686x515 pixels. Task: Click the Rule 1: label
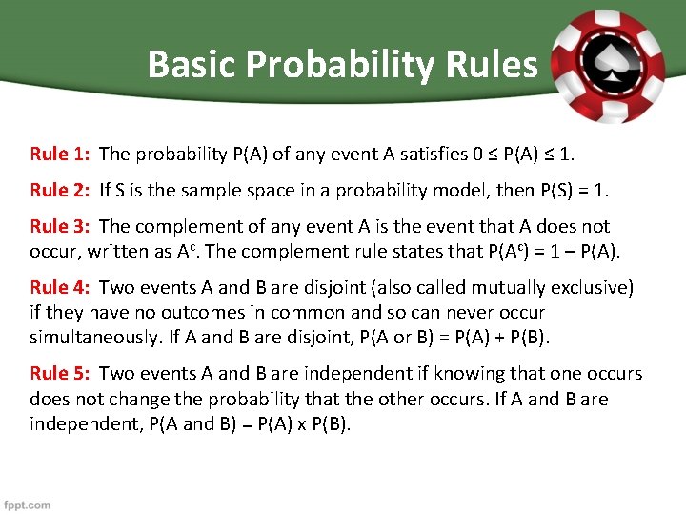pyautogui.click(x=61, y=154)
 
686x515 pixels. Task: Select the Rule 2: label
pyautogui.click(x=61, y=190)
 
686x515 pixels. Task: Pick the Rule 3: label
pyautogui.click(x=61, y=227)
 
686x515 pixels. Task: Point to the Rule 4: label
pyautogui.click(x=61, y=287)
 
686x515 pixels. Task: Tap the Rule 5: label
pyautogui.click(x=61, y=374)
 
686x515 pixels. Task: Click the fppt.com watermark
pyautogui.click(x=28, y=505)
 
